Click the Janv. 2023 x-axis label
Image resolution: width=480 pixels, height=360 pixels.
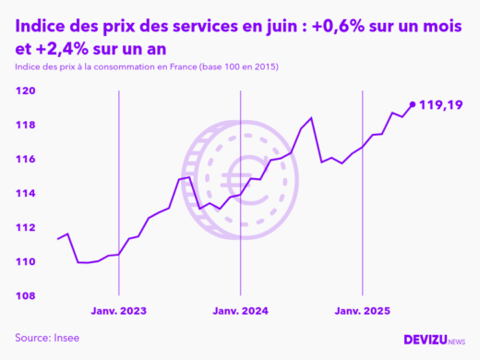tap(119, 311)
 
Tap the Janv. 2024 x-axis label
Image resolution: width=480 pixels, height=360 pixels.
tap(240, 311)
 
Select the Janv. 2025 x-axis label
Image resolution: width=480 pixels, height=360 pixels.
tap(362, 311)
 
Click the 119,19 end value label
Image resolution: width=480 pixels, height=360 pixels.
tap(441, 105)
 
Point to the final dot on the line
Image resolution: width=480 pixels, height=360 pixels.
tap(412, 104)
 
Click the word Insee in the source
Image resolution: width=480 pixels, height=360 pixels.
tap(66, 338)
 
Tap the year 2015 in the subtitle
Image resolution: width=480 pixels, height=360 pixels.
tap(263, 68)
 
